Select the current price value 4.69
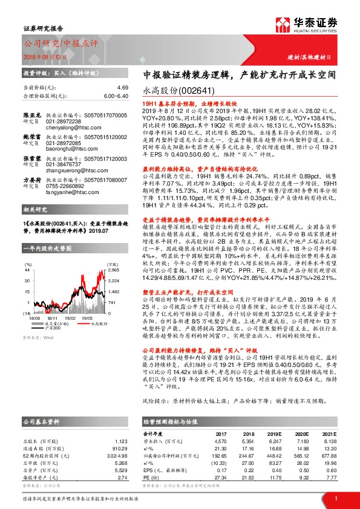tap(122, 87)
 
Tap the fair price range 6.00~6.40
tap(115, 96)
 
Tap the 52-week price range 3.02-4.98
tap(116, 453)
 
